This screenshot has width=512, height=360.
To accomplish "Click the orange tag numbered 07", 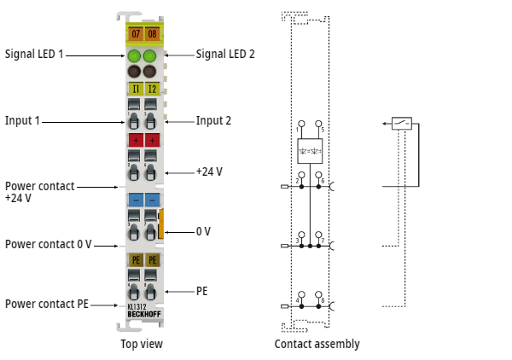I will pyautogui.click(x=135, y=33).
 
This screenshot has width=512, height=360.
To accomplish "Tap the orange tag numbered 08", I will pyautogui.click(x=152, y=33).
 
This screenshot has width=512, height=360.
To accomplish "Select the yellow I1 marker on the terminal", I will pyautogui.click(x=135, y=88).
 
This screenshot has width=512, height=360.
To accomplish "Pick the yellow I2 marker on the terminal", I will pyautogui.click(x=152, y=88).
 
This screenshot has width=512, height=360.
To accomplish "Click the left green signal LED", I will pyautogui.click(x=134, y=57).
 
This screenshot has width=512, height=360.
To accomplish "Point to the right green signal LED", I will pyautogui.click(x=151, y=57).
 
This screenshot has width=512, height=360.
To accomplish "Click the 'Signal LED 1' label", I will pyautogui.click(x=34, y=54).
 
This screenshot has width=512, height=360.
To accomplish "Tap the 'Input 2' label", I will pyautogui.click(x=213, y=120).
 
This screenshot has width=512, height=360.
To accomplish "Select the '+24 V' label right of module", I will pyautogui.click(x=209, y=171).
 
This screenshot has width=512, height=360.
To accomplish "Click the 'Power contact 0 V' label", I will pyautogui.click(x=48, y=244).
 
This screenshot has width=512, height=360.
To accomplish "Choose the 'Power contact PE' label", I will pyautogui.click(x=48, y=304).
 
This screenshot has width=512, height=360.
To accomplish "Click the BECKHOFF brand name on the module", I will pyautogui.click(x=143, y=315).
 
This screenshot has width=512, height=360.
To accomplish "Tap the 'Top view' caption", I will pyautogui.click(x=141, y=344).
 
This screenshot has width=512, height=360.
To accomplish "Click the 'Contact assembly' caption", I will pyautogui.click(x=317, y=344).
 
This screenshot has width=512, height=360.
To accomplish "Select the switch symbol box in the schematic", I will pyautogui.click(x=402, y=124).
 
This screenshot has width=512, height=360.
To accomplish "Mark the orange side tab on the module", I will pyautogui.click(x=160, y=224).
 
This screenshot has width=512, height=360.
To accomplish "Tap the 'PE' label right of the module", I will pyautogui.click(x=202, y=291).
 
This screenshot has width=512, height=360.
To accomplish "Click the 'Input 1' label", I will pyautogui.click(x=22, y=120).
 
